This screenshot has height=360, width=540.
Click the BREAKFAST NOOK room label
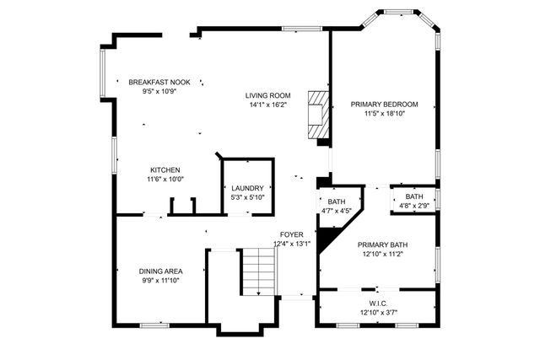click(x=159, y=82)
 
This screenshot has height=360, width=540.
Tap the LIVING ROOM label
click(x=268, y=95)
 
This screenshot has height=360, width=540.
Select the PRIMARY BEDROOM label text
click(x=385, y=105)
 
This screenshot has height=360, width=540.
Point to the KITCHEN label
click(x=165, y=169)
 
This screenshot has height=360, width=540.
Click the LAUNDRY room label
click(x=248, y=188)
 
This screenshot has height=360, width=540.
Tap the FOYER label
click(x=292, y=235)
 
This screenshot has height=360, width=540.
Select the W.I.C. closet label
click(x=377, y=304)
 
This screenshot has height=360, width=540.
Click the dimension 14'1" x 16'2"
click(x=268, y=105)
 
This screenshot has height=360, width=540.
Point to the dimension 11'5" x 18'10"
click(x=385, y=114)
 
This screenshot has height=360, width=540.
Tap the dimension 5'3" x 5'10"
click(x=248, y=197)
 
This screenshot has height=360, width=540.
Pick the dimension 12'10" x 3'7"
click(x=377, y=313)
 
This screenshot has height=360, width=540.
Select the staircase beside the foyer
click(x=258, y=270)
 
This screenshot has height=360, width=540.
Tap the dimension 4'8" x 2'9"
click(x=414, y=206)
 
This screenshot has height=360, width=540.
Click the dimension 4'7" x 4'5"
click(x=337, y=211)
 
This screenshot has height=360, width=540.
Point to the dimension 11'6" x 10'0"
click(x=165, y=179)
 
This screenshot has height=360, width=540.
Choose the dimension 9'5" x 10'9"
click(x=159, y=91)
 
